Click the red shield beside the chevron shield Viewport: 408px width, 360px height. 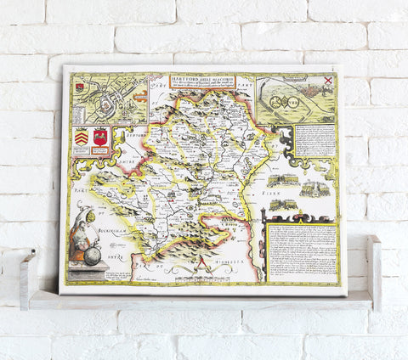pos(101,138)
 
